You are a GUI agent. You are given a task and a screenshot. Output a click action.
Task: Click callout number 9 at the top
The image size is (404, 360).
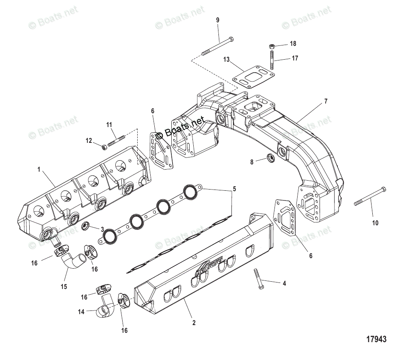[x=217, y=20]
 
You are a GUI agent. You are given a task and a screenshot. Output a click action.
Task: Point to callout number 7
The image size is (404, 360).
[x=325, y=101]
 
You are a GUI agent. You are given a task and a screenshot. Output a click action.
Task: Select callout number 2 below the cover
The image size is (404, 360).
[x=194, y=323]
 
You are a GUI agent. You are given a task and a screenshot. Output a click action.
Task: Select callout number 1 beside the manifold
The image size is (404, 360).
[x=39, y=170]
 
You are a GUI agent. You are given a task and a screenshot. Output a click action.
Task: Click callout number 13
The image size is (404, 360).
[x=226, y=59]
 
